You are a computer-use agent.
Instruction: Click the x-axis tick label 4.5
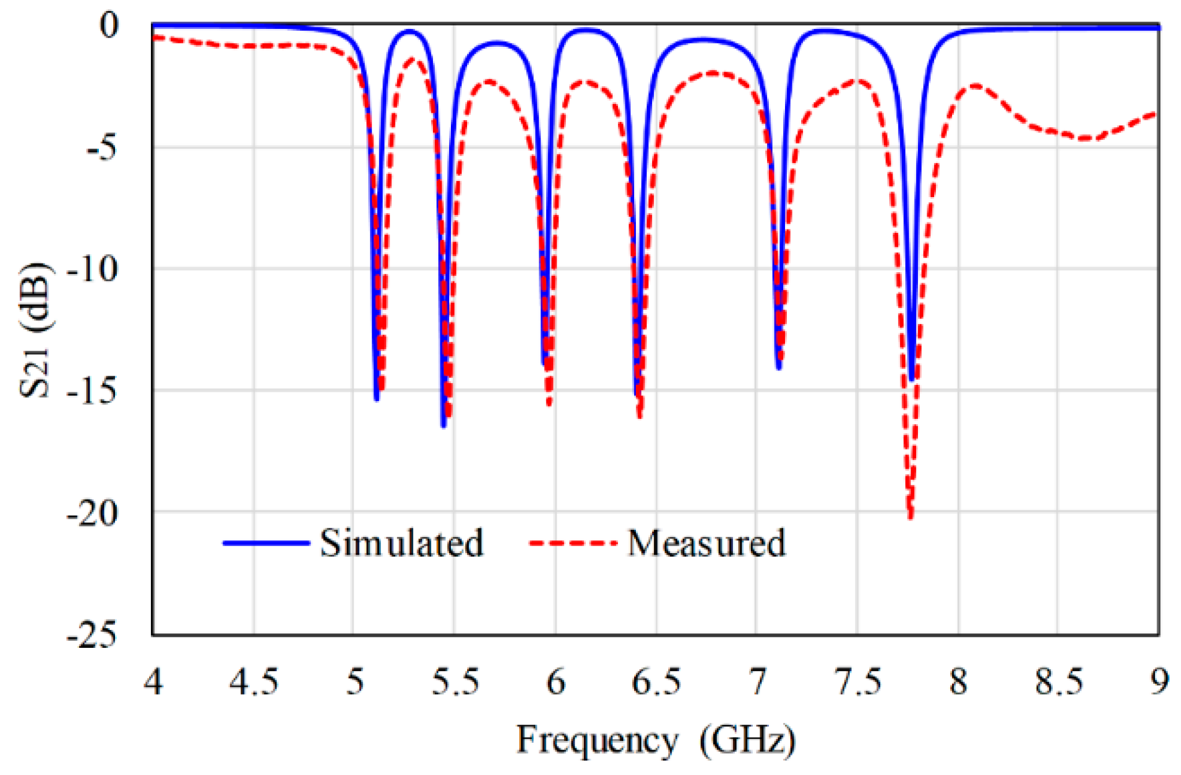coord(253,682)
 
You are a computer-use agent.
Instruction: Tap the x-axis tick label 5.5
coord(456,682)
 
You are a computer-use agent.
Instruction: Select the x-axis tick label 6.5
coord(656,682)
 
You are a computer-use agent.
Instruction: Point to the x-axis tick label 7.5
coord(857,682)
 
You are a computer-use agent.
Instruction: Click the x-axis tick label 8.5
coord(1058,682)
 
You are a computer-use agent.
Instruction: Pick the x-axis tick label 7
coord(757,682)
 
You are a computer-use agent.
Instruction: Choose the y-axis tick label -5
coord(101,148)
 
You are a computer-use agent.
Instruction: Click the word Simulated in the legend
coord(401,543)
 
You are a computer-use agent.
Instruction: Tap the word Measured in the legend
coord(706,543)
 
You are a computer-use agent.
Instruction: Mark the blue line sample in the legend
coord(266,543)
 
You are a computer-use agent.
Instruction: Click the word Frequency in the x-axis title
coord(597,740)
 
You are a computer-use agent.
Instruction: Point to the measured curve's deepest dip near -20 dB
coord(910,516)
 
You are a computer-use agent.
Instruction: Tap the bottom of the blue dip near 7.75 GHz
coord(912,379)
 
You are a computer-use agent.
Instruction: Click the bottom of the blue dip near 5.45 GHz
coord(443,425)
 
